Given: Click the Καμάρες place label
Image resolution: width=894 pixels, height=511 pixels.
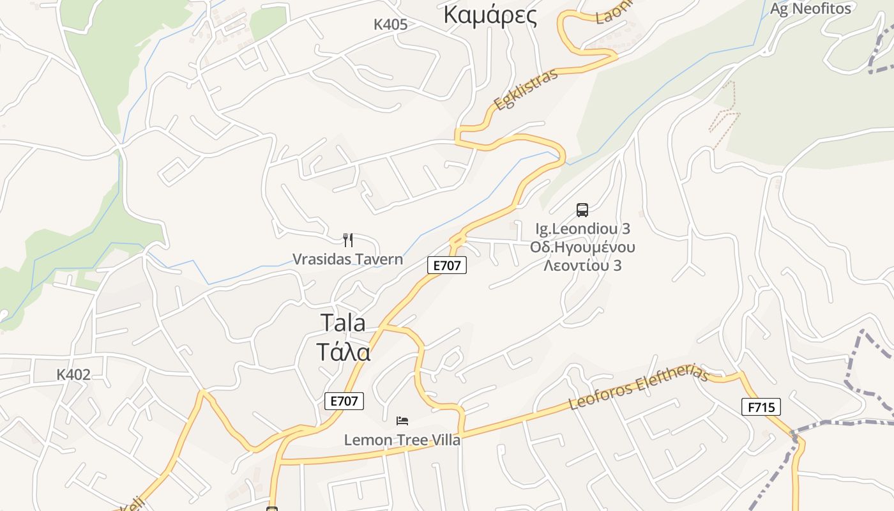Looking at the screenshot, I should [490, 15].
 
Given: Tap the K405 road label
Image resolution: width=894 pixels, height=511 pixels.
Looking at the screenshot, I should [390, 24].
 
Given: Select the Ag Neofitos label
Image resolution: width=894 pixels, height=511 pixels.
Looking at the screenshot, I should [810, 8].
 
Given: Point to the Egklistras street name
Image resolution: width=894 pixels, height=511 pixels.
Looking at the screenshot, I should [526, 89].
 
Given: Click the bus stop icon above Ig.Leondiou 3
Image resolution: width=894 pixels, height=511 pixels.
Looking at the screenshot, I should [582, 210].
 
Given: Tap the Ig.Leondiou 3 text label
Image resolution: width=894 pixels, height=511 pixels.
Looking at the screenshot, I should [582, 229].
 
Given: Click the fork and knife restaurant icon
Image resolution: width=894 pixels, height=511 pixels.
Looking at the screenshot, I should [348, 240].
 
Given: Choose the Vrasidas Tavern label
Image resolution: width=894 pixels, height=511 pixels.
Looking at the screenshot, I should [347, 259].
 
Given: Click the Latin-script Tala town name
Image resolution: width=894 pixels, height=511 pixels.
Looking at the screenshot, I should [343, 323].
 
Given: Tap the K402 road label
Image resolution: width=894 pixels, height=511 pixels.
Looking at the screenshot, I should [73, 374].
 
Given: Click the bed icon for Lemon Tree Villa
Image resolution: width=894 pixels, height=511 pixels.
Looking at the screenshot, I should [402, 421].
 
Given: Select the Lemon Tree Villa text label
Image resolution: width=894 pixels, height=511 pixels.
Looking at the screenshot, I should [402, 439].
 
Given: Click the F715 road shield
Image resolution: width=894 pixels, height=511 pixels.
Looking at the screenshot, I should [761, 407].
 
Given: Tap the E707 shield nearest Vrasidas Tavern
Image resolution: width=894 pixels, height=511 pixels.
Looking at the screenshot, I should [447, 265].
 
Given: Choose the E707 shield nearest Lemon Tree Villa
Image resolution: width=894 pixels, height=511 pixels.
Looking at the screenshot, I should [344, 400].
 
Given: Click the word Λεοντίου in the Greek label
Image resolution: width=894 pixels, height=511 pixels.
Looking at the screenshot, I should [582, 265].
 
